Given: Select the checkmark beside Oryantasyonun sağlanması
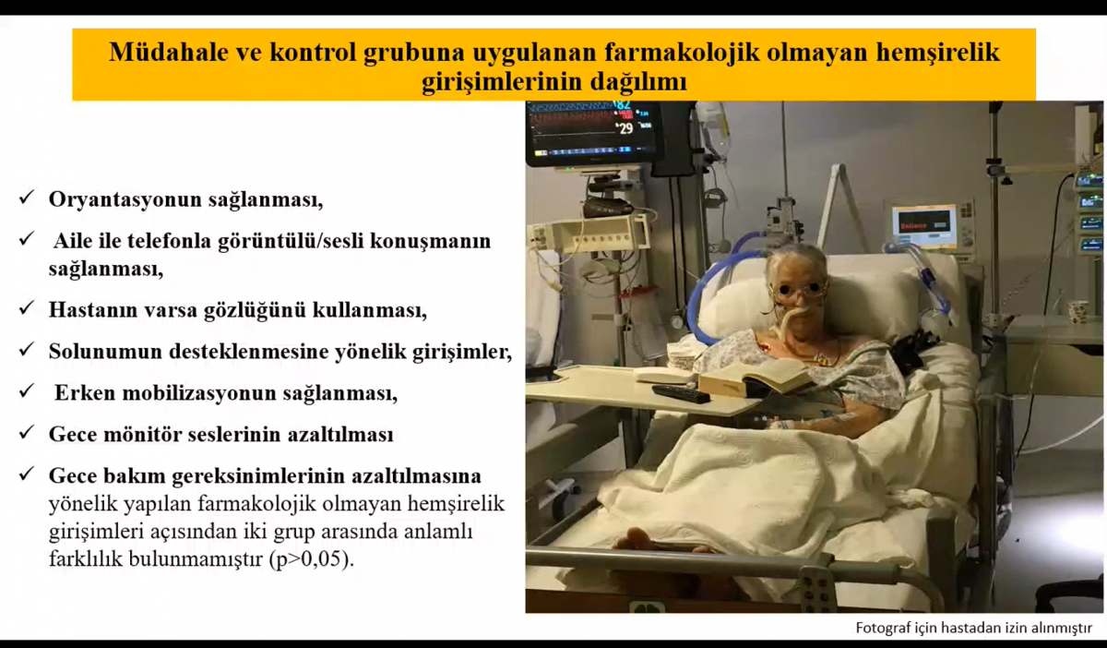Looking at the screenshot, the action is (26, 197).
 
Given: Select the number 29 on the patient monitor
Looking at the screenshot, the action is (625, 128).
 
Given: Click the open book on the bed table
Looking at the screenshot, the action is (754, 378).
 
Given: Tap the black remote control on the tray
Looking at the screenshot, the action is (681, 393).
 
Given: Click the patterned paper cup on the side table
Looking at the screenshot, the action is (1077, 312).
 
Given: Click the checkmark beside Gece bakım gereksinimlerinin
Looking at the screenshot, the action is (26, 474).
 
